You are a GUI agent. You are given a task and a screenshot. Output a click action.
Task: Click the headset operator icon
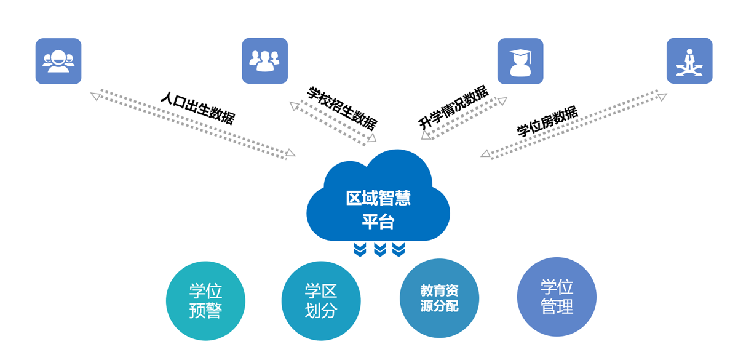tap(58, 61)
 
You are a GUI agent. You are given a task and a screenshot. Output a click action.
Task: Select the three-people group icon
tap(264, 61)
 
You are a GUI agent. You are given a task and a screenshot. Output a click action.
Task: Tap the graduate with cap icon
tap(520, 61)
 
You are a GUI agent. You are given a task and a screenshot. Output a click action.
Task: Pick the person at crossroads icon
tap(689, 61)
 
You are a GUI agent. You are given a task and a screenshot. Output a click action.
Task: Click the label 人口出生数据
tap(197, 108)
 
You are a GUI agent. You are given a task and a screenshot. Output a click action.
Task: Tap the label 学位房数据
tap(547, 122)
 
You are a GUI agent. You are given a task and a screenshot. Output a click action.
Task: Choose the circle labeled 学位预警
tap(205, 301)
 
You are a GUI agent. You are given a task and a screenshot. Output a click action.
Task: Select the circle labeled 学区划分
tap(321, 301)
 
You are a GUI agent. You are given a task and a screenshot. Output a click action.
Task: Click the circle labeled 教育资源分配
tap(439, 298)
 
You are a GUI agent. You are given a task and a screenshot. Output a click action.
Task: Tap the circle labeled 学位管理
tap(557, 297)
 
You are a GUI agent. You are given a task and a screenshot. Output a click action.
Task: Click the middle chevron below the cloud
tap(379, 249)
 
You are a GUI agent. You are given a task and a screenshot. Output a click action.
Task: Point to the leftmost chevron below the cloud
tap(360, 249)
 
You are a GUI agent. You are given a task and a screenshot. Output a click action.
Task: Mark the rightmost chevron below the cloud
tap(399, 249)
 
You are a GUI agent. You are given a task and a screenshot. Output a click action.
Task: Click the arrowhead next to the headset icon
tap(95, 95)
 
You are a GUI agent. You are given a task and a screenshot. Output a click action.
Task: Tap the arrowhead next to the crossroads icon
tap(661, 95)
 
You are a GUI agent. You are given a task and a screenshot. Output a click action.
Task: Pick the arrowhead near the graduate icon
tap(502, 100)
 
